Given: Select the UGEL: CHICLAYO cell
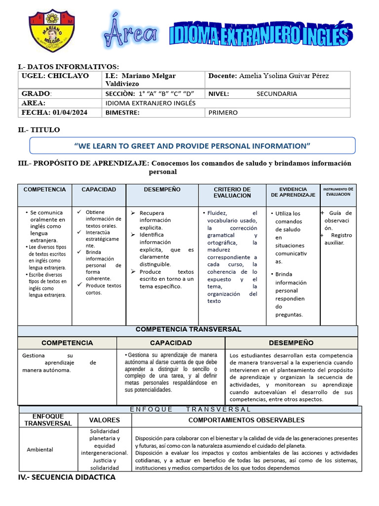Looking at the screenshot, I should coord(55,76).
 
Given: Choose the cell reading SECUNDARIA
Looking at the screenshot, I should coord(276,93).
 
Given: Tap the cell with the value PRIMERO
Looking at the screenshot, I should coord(223,113).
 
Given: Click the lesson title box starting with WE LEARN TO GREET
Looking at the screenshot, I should coord(192,146).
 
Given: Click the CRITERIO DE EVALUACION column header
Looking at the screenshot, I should coord(232,193).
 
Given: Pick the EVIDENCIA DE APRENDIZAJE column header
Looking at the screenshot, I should coord(293,192).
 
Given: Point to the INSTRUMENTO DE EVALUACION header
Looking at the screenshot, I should coord(338,192).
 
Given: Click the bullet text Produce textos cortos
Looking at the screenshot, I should coord(103,289).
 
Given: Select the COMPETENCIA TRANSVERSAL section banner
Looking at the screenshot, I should coord(188,329).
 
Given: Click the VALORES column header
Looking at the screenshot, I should coord(104,420).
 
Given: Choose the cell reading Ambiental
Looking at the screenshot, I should coord(40,450).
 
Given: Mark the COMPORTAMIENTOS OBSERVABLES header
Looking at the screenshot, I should coord(246,420).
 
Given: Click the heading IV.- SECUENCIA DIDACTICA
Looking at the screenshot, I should coord(67,477).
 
